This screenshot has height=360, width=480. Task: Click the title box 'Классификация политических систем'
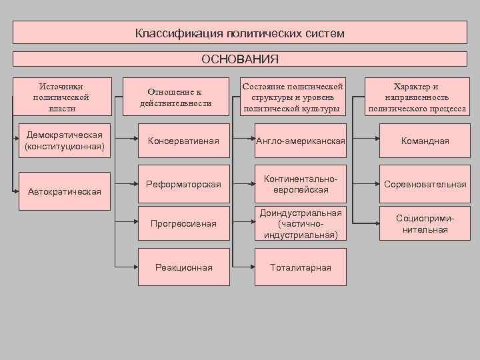pos(240,33)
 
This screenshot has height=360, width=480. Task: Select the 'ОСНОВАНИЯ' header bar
pos(240,59)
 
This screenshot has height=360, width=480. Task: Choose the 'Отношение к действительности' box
pos(175,97)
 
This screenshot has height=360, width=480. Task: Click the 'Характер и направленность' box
pos(417,97)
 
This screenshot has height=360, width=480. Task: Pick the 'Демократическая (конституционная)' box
pos(64,141)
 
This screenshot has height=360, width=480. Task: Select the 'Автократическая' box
pos(64,191)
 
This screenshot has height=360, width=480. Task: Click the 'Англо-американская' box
pos(300,141)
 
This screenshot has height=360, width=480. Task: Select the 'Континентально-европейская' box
pos(300,184)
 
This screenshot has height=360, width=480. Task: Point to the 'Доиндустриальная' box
pos(300,223)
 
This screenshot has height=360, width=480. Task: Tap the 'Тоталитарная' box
pos(300,267)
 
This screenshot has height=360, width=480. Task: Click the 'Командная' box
pos(424,141)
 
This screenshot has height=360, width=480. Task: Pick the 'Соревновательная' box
pos(424,184)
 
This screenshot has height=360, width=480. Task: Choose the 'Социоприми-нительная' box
pos(424,223)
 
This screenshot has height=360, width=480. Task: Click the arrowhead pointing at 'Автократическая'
pos(16,191)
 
